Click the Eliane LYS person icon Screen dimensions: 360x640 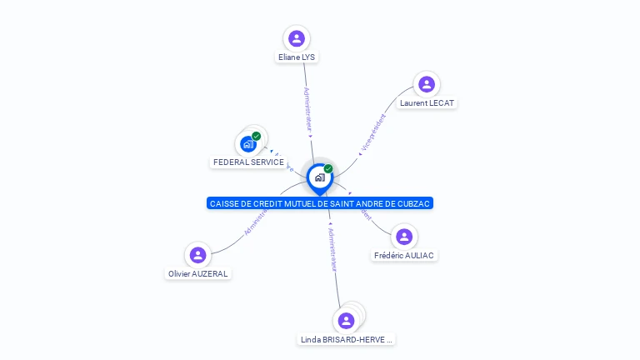(x=296, y=38)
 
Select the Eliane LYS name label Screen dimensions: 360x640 (x=297, y=57)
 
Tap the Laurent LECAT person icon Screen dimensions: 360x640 (x=427, y=84)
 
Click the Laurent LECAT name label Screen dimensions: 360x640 (x=427, y=103)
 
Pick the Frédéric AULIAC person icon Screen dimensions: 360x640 (x=403, y=237)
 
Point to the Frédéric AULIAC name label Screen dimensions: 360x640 (x=404, y=256)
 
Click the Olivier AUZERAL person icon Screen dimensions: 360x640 (x=197, y=255)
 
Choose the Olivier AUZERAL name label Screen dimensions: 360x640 (x=197, y=274)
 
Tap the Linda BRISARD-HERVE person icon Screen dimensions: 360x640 (x=347, y=321)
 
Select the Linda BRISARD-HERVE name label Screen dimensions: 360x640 (x=346, y=340)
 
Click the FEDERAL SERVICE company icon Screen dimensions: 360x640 (x=247, y=144)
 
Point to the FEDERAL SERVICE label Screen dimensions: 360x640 (x=248, y=162)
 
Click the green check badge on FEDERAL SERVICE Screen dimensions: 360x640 (x=257, y=136)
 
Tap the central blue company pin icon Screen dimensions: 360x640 (x=319, y=177)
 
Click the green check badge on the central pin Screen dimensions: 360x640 (x=328, y=168)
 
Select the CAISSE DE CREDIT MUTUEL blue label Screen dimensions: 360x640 (x=321, y=203)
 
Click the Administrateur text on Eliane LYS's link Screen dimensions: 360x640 (x=307, y=108)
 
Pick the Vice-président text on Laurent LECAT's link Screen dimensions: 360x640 (x=372, y=132)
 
